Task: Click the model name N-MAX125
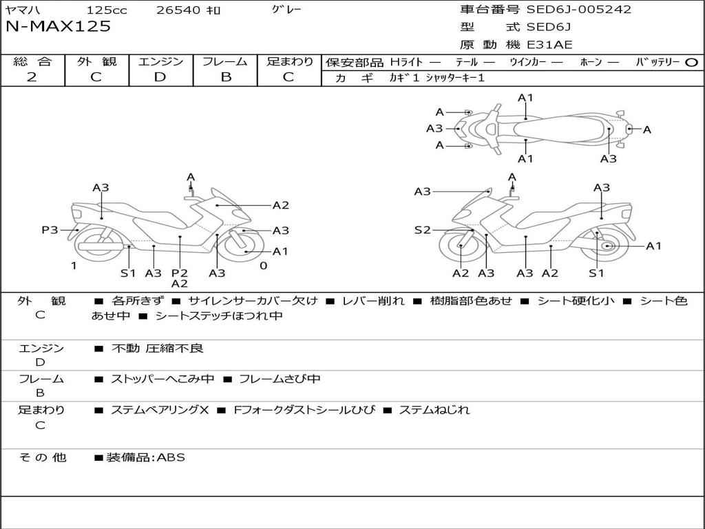pyautogui.click(x=58, y=27)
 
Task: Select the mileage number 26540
pyautogui.click(x=178, y=10)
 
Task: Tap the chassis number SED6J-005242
pyautogui.click(x=579, y=10)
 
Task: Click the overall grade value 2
pyautogui.click(x=32, y=77)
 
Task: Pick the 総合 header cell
pyautogui.click(x=32, y=62)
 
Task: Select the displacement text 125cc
pyautogui.click(x=107, y=10)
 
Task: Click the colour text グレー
pyautogui.click(x=286, y=10)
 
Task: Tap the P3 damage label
pyautogui.click(x=50, y=230)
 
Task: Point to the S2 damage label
pyautogui.click(x=422, y=230)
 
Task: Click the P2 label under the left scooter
pyautogui.click(x=180, y=273)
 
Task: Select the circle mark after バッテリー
pyautogui.click(x=691, y=63)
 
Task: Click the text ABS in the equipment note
pyautogui.click(x=172, y=457)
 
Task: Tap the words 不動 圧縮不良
pyautogui.click(x=158, y=349)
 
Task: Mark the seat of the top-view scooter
pyautogui.click(x=558, y=128)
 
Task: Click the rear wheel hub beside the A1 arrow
pyautogui.click(x=607, y=246)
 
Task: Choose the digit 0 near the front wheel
pyautogui.click(x=263, y=265)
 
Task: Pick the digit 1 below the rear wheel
pyautogui.click(x=73, y=265)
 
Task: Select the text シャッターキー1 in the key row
pyautogui.click(x=455, y=78)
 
